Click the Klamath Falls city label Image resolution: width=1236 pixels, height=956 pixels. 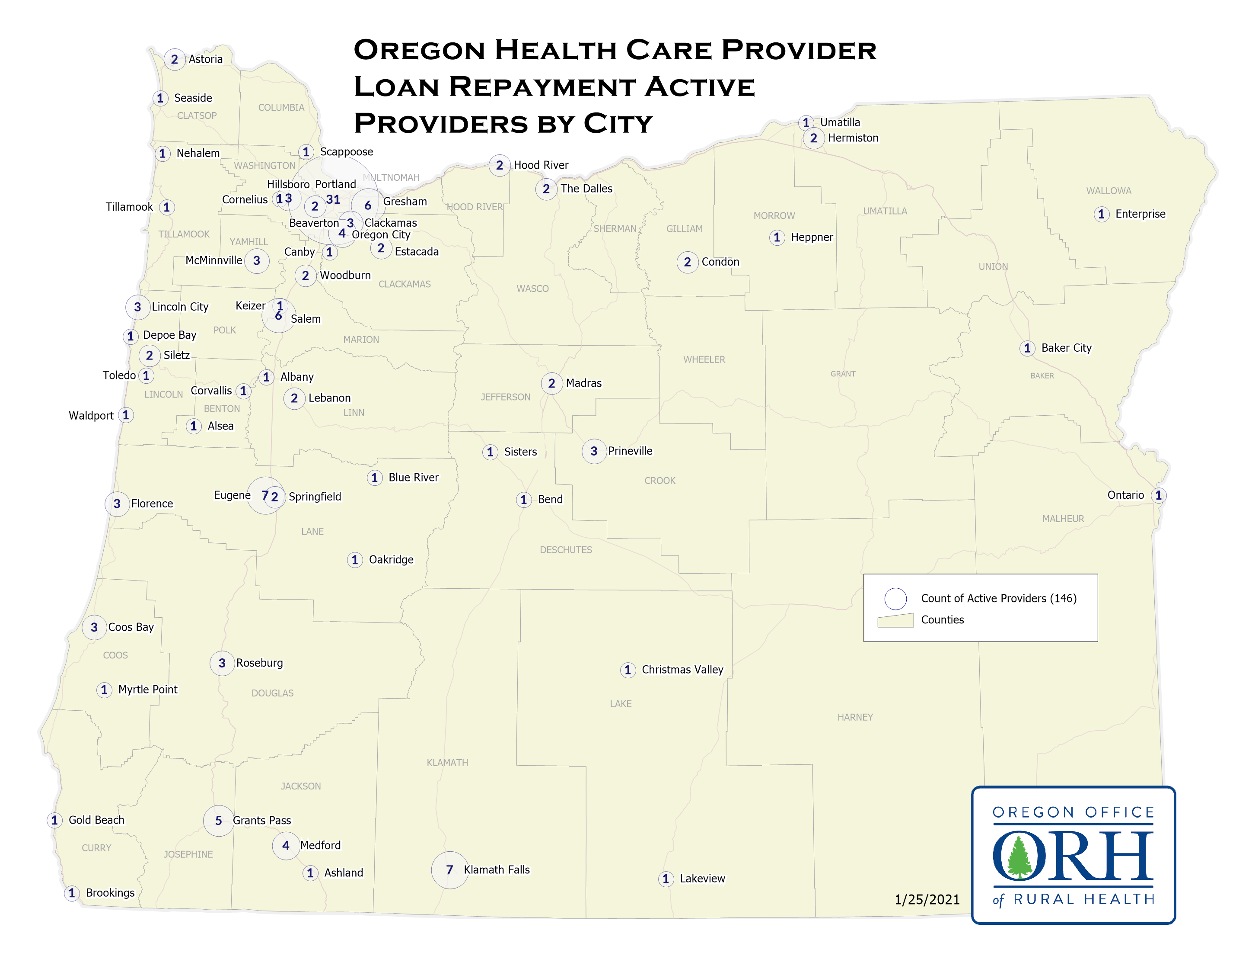(496, 869)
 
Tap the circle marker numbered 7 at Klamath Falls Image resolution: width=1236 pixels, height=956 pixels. (449, 869)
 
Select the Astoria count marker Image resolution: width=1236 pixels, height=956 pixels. (174, 59)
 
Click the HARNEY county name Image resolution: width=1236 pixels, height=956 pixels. (854, 717)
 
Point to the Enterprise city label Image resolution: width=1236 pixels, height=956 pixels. (1140, 214)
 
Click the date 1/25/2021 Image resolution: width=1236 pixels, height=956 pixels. (927, 899)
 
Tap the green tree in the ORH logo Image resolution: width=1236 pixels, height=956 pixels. (1019, 857)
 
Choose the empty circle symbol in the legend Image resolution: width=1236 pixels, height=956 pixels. (895, 599)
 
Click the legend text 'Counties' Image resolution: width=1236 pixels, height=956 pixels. (942, 619)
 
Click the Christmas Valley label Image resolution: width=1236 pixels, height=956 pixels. (682, 670)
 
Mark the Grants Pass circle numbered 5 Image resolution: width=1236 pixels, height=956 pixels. (218, 821)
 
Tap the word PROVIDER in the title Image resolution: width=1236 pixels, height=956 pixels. (799, 50)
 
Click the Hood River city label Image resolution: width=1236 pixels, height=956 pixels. (541, 165)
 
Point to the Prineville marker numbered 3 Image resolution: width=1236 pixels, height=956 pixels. (594, 451)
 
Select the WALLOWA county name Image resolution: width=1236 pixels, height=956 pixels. (1108, 191)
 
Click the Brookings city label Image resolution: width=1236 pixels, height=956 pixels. (110, 892)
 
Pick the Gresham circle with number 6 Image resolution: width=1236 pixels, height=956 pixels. (368, 205)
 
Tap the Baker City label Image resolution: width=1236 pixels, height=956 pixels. (1066, 348)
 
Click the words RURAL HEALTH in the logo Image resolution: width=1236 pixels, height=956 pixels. (1083, 899)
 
